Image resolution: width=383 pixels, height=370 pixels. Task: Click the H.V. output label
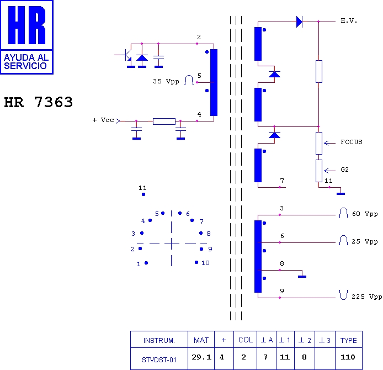click(x=349, y=21)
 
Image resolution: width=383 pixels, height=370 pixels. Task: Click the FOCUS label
click(x=352, y=142)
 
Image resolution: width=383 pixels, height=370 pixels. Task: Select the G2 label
click(x=345, y=170)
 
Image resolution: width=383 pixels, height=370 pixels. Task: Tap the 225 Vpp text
click(x=367, y=297)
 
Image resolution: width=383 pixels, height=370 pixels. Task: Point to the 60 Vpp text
click(x=365, y=214)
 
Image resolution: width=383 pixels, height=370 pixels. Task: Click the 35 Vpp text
click(x=166, y=81)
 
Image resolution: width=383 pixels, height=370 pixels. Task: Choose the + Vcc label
click(x=103, y=120)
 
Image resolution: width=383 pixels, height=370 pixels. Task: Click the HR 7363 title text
click(x=38, y=102)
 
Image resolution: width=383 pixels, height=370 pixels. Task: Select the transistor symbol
click(x=127, y=55)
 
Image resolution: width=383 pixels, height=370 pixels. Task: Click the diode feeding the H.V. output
click(x=299, y=22)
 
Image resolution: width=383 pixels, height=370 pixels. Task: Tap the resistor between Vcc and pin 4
click(x=164, y=121)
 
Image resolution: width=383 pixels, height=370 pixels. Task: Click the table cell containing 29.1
click(x=201, y=358)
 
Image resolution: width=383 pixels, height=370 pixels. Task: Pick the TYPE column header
click(x=349, y=340)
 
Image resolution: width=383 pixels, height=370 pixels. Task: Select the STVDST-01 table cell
click(x=159, y=358)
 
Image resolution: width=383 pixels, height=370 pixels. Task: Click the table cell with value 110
click(x=349, y=358)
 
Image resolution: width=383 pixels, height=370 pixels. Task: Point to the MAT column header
click(x=201, y=340)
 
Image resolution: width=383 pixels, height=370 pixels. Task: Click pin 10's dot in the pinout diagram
click(x=196, y=262)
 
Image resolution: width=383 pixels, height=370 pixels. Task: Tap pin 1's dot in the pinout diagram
click(x=146, y=263)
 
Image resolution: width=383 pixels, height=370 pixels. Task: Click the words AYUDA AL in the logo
click(x=26, y=57)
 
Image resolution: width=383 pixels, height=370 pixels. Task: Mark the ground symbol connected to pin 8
click(x=302, y=277)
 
